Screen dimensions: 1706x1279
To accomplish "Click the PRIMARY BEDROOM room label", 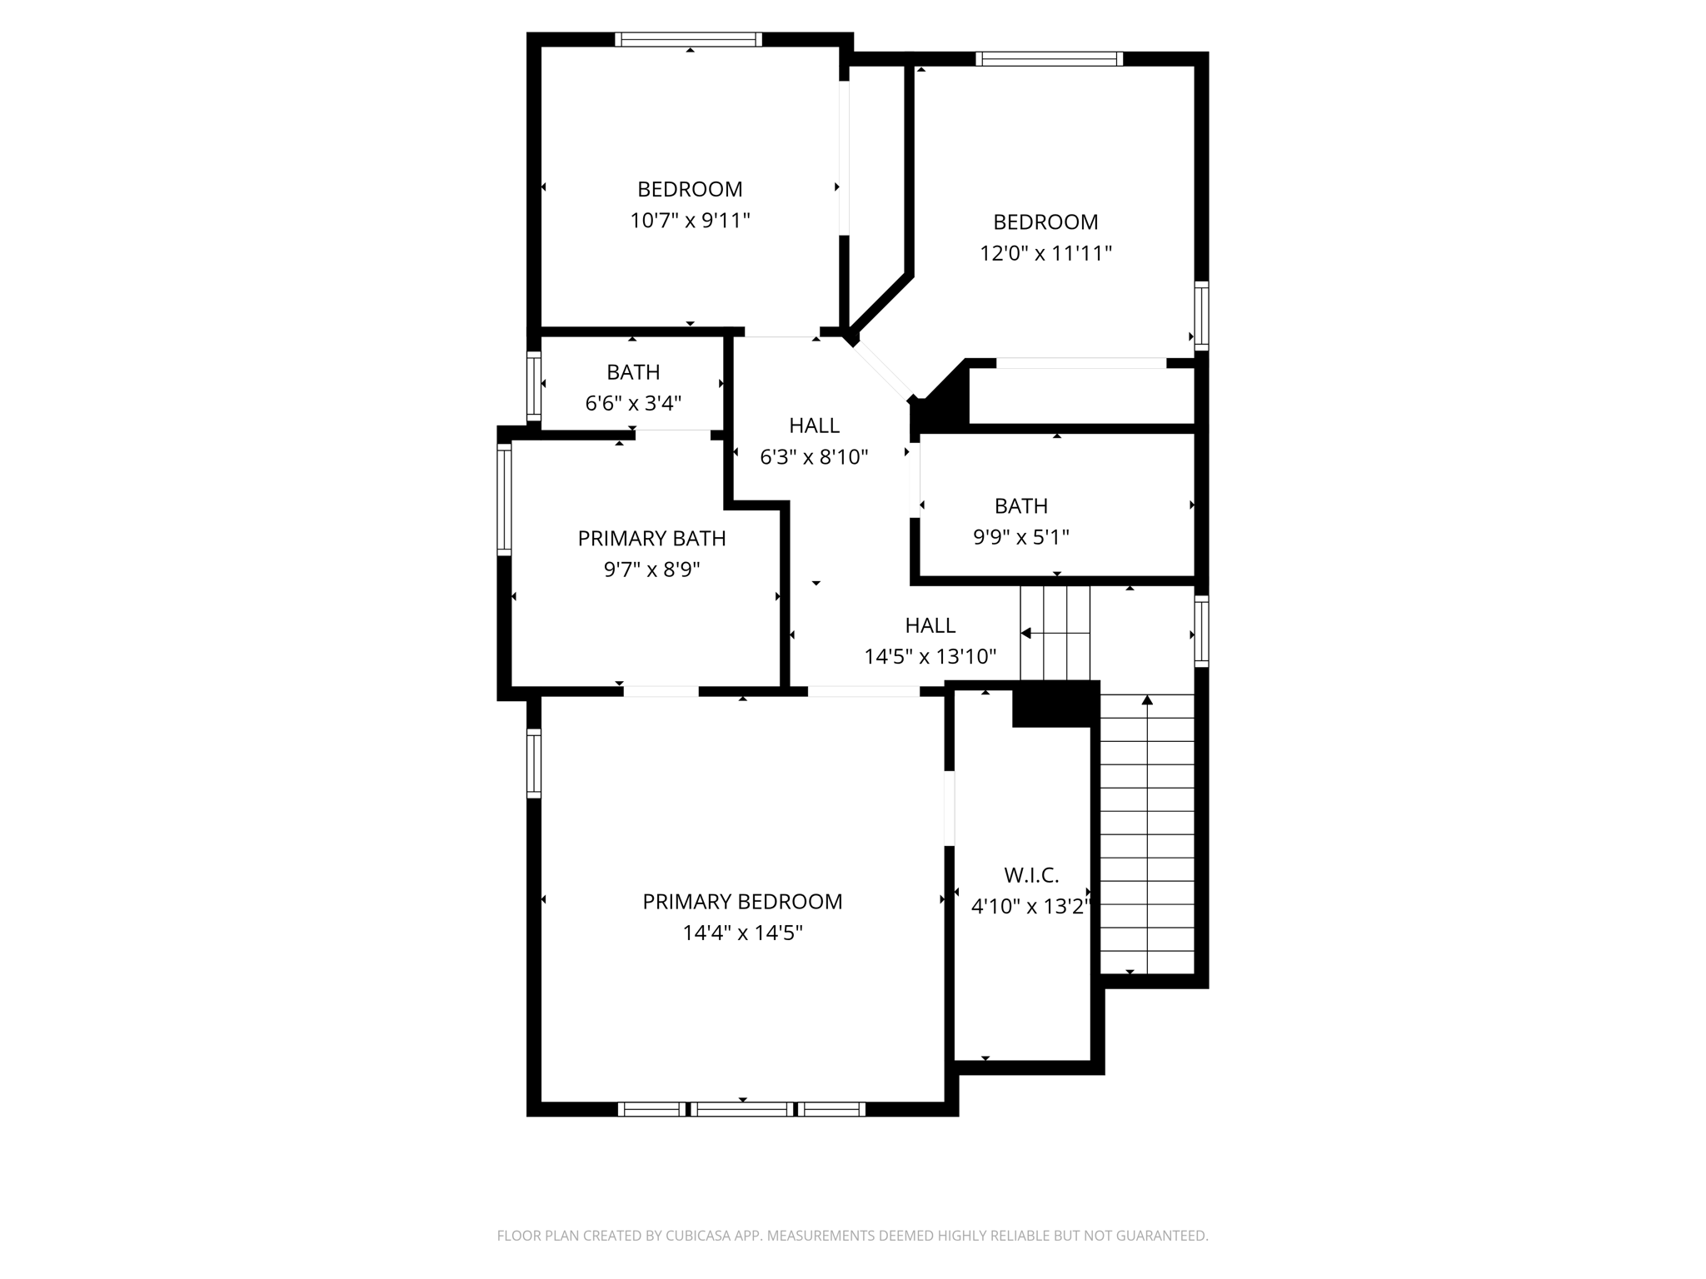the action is coord(742,902).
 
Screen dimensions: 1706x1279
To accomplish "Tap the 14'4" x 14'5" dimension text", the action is coord(742,933).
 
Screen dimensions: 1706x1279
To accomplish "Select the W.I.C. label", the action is coord(1031,875).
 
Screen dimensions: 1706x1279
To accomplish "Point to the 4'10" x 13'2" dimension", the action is coord(1031,906).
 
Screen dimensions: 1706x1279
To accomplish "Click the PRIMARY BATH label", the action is coord(651,539).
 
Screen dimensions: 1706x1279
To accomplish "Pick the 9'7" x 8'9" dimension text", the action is coord(651,570).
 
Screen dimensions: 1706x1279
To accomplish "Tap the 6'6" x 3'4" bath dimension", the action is coord(633,403).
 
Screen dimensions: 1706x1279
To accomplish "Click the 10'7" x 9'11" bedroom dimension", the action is coord(690,221).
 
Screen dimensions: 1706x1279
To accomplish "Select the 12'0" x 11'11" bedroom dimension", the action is coord(1045,253).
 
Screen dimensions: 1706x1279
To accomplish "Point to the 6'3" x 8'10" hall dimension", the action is coord(814,456).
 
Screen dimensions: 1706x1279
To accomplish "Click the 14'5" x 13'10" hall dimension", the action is coord(930,657).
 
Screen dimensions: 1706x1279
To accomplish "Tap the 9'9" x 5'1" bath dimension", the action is coord(1021,537).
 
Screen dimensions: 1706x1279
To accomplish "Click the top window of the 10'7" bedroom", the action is coord(689,39).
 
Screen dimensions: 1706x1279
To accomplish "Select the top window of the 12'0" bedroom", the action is coord(1050,58).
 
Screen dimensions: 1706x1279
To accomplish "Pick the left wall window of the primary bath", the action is coord(504,500).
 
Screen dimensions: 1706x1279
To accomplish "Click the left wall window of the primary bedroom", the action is coord(534,764).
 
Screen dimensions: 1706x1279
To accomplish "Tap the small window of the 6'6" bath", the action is coord(534,386).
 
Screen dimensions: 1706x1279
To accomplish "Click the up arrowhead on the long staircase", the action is coord(1147,699).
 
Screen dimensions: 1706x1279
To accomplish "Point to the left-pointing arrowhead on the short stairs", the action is coord(1026,634).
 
